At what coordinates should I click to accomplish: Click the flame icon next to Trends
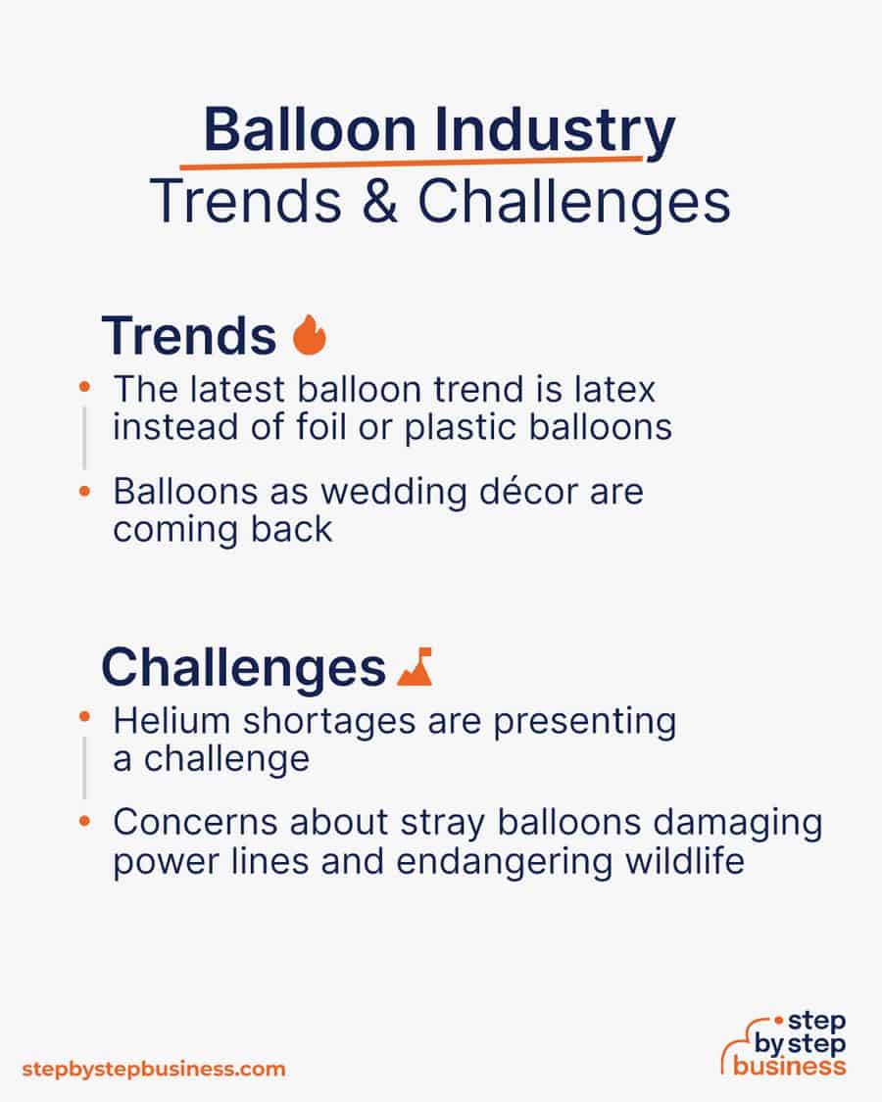(x=310, y=335)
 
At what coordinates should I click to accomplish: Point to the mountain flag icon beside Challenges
(x=416, y=667)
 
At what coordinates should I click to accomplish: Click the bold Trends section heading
(x=188, y=336)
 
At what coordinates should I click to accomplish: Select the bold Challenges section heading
(x=243, y=668)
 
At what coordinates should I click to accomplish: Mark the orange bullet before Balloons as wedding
(x=85, y=488)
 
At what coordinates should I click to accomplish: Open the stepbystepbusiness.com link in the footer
(x=153, y=1068)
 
